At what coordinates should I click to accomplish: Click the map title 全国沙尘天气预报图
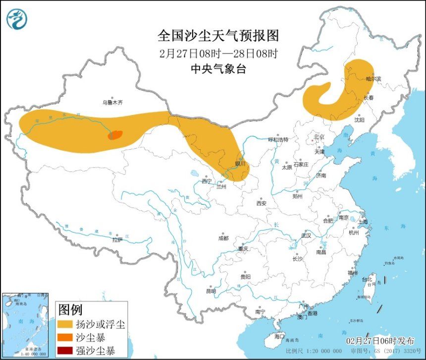[x=218, y=36]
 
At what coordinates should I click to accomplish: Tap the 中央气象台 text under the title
[x=218, y=69]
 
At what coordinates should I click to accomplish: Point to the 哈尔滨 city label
[x=373, y=79]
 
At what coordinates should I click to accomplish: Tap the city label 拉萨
[x=117, y=240]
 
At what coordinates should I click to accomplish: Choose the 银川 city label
[x=240, y=163]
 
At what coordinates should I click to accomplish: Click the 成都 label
[x=223, y=238]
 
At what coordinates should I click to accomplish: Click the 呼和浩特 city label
[x=278, y=139]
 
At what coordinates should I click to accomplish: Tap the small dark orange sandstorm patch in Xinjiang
[x=115, y=134]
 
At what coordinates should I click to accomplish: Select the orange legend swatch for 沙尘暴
[x=64, y=338]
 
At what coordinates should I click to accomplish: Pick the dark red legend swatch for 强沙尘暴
[x=64, y=351]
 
